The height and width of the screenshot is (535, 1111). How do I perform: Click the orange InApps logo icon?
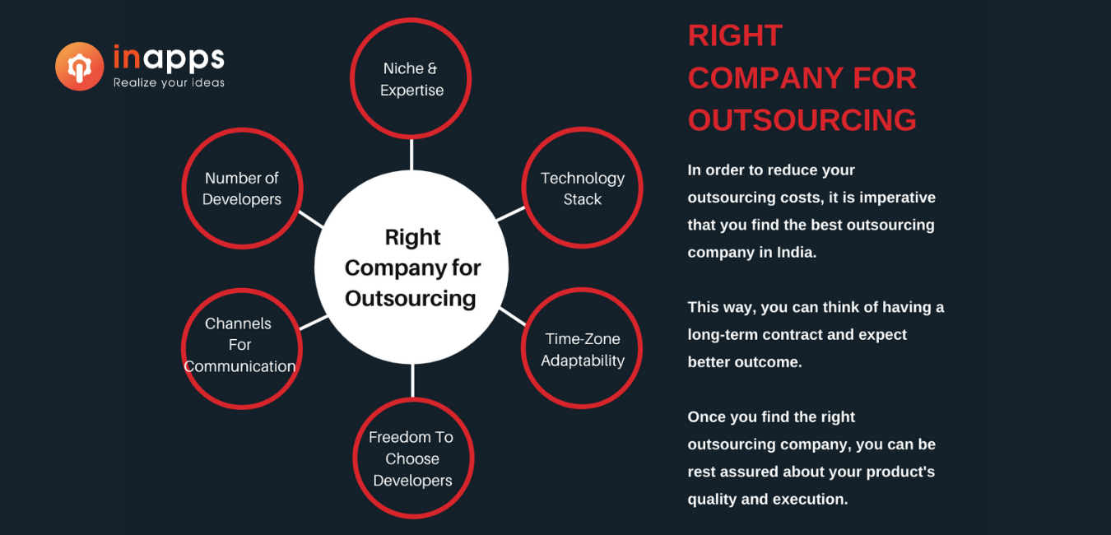[x=79, y=67]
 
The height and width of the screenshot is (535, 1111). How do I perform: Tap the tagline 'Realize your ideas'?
[x=169, y=83]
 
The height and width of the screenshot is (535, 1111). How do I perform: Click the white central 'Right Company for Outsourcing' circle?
[x=411, y=267]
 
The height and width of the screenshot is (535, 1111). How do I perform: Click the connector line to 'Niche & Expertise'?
[x=411, y=155]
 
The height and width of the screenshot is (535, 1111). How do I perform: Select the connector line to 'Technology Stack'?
[x=510, y=214]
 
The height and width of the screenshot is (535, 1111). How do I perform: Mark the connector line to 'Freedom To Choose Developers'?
[x=412, y=381]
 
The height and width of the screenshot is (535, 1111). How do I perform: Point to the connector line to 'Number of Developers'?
[x=311, y=219]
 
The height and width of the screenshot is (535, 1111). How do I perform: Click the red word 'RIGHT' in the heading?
[x=735, y=35]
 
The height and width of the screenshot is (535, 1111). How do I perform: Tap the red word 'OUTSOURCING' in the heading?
[x=802, y=120]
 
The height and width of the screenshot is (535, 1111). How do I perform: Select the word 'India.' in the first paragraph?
[x=797, y=253]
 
